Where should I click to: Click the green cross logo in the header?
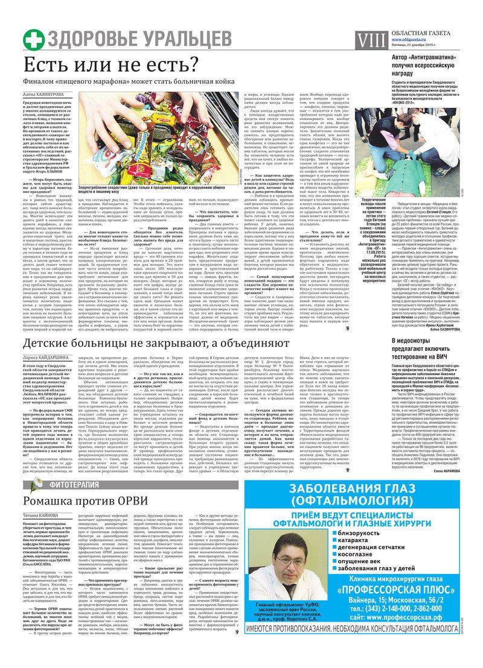point(34,39)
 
